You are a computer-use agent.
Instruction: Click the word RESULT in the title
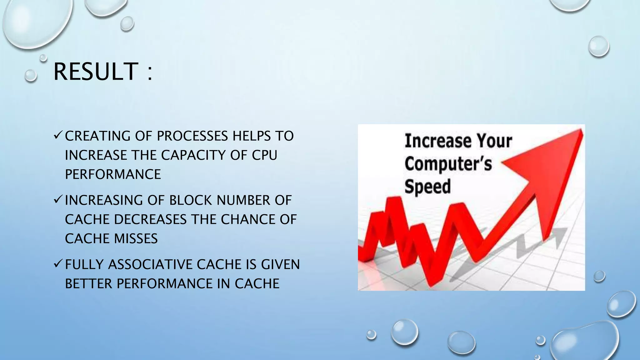(96, 72)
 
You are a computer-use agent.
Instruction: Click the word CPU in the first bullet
(264, 155)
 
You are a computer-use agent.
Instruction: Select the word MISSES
(136, 239)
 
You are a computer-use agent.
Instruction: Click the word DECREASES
(150, 219)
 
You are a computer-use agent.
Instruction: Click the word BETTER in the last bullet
(88, 284)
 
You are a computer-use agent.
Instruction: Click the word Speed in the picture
(427, 187)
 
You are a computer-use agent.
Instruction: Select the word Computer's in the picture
(448, 164)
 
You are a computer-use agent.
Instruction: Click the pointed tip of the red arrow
(582, 130)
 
